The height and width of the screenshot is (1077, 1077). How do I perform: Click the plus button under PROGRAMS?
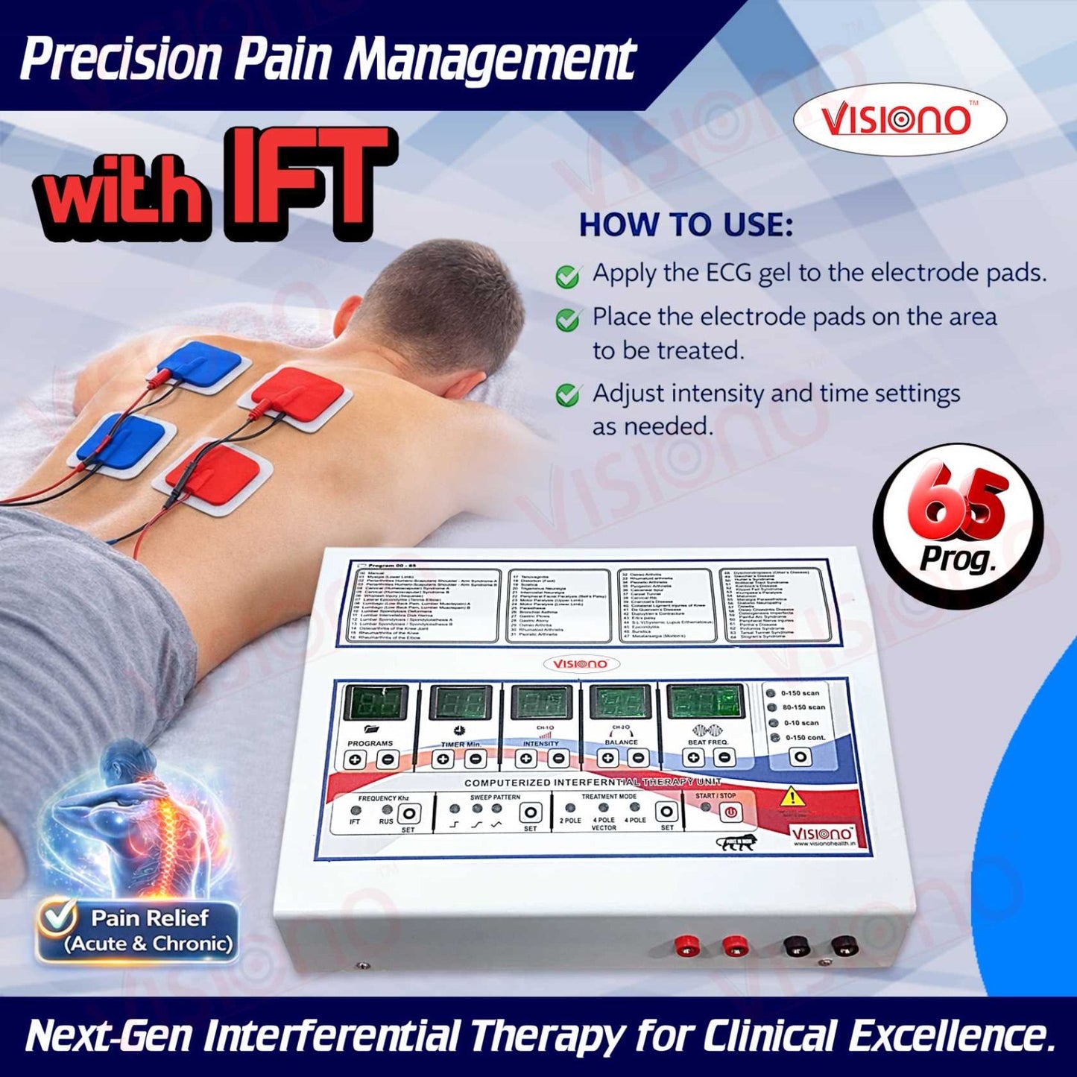point(356,760)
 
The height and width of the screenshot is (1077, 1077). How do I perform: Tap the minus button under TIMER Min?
point(476,759)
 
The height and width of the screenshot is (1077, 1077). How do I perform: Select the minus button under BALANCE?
point(638,759)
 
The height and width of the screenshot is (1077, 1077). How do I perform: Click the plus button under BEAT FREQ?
point(694,758)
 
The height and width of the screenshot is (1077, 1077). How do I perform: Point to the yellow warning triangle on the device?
point(792,798)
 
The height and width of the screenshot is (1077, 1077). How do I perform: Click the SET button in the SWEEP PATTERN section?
point(530,812)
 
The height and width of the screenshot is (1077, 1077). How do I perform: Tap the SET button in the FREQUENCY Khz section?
point(408,812)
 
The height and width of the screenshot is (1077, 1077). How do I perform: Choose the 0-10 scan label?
point(801,722)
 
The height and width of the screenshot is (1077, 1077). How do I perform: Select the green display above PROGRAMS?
point(375,703)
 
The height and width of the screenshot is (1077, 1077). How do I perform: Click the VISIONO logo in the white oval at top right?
point(899,119)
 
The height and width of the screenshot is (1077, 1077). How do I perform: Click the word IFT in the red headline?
point(307,183)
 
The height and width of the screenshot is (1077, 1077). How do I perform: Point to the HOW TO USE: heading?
point(686,225)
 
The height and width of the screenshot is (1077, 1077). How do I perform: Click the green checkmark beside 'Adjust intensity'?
point(568,394)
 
